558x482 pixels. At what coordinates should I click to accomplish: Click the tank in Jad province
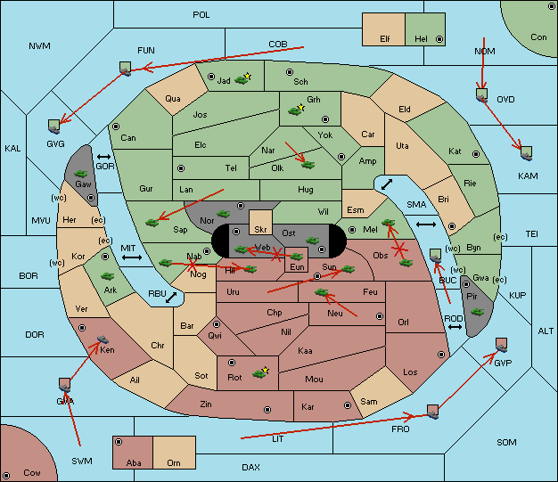click(x=242, y=80)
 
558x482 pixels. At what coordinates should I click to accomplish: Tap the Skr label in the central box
click(x=260, y=230)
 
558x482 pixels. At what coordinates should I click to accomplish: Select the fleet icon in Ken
click(x=103, y=339)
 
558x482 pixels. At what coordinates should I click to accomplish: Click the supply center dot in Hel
click(x=439, y=39)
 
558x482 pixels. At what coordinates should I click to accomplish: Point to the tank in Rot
click(x=259, y=373)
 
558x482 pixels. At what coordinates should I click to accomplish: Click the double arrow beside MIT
click(x=132, y=257)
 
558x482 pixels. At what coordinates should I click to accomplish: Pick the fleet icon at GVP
click(x=501, y=345)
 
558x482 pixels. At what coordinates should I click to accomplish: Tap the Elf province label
click(x=385, y=39)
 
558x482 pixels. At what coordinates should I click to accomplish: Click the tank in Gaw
click(x=81, y=174)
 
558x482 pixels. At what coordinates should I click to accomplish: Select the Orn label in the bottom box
click(x=174, y=462)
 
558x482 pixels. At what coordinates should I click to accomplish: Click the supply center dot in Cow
click(x=6, y=475)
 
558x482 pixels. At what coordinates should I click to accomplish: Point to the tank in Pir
click(x=477, y=312)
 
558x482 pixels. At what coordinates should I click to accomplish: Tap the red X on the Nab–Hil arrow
click(x=193, y=265)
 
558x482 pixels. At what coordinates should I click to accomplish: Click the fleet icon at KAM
click(x=526, y=153)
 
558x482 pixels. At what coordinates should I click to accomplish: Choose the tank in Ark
click(x=108, y=276)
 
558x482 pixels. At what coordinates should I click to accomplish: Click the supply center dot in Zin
click(x=267, y=410)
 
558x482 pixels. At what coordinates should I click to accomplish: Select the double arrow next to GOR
click(x=104, y=157)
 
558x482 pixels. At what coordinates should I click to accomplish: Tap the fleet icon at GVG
click(x=54, y=127)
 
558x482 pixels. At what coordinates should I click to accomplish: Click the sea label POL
click(x=201, y=15)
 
